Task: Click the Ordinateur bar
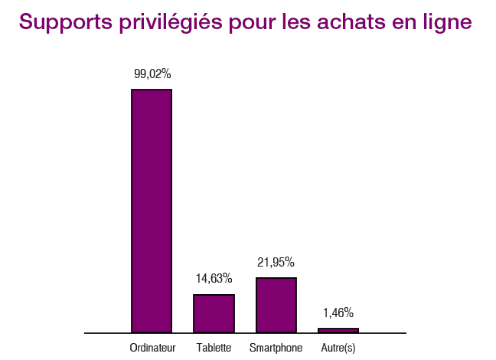152,211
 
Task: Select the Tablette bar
214,313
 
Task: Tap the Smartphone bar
276,305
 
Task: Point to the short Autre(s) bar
338,330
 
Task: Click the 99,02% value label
152,74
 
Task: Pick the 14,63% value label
214,278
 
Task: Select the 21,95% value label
276,262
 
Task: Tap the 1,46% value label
338,313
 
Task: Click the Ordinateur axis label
153,349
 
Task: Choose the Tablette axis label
214,349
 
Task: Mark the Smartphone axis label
276,349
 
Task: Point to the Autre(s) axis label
338,349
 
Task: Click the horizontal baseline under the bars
245,333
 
